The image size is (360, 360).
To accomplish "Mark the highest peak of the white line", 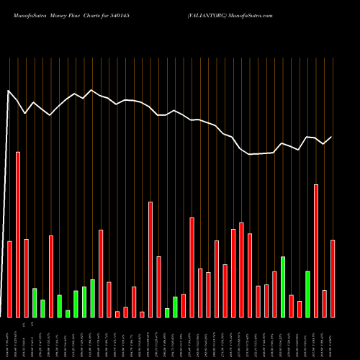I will [9, 91].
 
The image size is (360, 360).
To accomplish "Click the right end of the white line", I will [332, 137].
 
